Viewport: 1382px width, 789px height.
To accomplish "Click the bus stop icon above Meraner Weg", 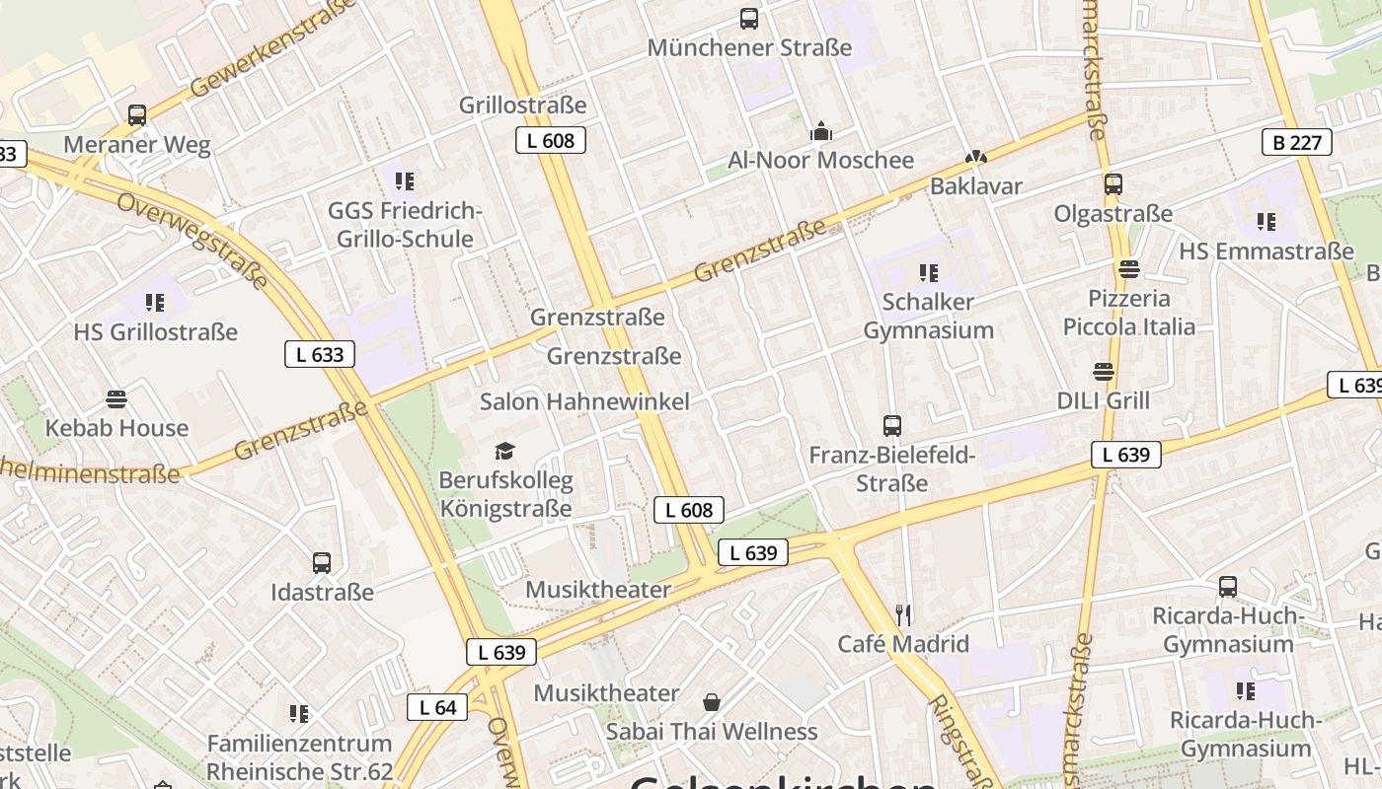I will coord(137,115).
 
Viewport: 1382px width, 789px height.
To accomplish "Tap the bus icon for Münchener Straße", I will coord(749,18).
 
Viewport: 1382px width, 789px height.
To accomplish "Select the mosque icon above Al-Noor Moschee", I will coord(820,131).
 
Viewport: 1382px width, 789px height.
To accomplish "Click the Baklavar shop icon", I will coord(975,157).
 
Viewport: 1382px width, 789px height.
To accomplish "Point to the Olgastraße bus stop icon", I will coord(1113,184).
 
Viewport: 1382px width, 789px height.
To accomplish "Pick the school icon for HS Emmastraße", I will coord(1266,222).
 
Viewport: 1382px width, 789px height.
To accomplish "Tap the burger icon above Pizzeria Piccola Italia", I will coord(1129,269).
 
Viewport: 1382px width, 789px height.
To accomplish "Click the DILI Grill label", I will coord(1103,400).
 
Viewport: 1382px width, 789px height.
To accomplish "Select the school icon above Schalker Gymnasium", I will coord(928,272).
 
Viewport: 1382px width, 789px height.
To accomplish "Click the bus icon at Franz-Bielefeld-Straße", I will coord(892,426).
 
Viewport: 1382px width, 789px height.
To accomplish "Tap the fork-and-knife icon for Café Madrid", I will coord(903,615).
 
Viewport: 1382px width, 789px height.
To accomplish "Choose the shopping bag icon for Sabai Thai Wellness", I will coord(712,702).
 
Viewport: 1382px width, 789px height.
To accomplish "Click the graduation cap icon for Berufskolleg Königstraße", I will coord(505,452).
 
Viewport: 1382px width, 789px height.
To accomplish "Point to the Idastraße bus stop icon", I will coord(322,563).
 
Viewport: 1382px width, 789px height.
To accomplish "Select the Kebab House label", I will coord(116,428).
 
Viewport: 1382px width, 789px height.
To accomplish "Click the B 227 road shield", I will coord(1296,142).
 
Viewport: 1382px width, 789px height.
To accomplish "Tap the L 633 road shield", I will coord(320,354).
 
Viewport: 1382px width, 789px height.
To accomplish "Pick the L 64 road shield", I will coord(437,706).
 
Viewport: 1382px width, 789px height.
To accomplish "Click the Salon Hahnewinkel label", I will coord(584,401).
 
